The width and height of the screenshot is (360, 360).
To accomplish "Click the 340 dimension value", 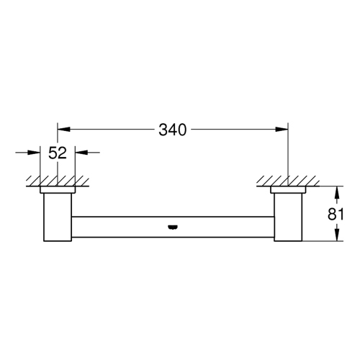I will pos(172,130).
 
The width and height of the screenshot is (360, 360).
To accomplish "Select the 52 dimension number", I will pos(58,153).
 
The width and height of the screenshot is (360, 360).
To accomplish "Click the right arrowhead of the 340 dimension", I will pos(283,130).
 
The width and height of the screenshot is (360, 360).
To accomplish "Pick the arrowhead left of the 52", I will pos(35,153).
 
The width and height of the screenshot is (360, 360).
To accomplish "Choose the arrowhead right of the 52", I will pos(81,153).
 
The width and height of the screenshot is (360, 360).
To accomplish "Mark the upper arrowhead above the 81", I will pos(336,192).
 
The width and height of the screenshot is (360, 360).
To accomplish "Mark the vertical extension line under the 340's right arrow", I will pos(288,155).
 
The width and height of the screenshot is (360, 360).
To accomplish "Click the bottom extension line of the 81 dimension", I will pos(324,241).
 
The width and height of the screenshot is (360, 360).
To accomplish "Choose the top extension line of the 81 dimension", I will pos(324,186).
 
